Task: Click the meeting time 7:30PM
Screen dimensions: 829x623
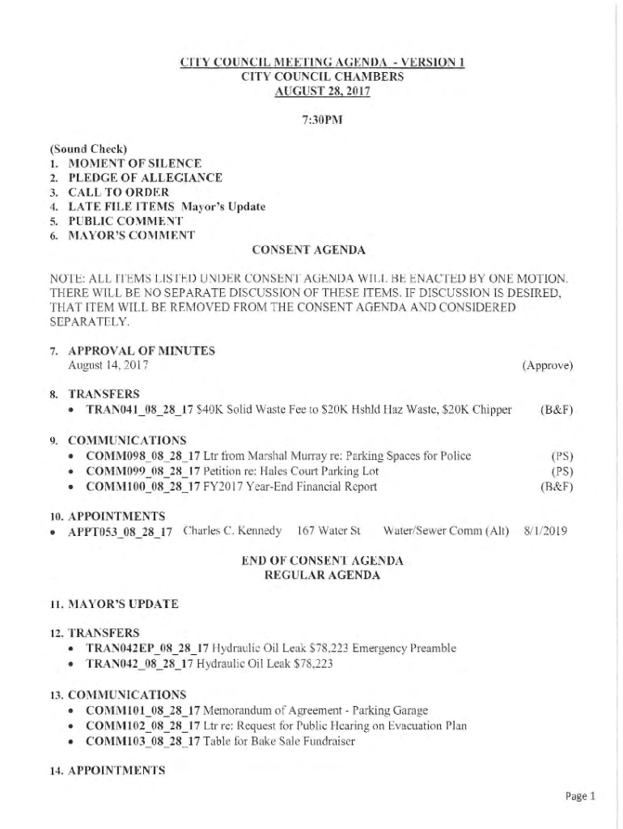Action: point(322,120)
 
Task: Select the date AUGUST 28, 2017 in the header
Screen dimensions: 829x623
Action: point(322,91)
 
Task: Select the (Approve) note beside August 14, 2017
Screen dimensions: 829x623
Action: point(548,366)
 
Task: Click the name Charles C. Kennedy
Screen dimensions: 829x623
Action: point(233,531)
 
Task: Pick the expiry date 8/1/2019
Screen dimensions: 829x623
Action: point(545,531)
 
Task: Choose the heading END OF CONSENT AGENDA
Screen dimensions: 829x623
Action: point(322,560)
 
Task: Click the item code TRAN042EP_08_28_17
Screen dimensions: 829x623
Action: point(147,648)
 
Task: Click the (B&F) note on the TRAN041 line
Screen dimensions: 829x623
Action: point(557,410)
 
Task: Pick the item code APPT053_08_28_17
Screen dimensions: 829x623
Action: point(129,533)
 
